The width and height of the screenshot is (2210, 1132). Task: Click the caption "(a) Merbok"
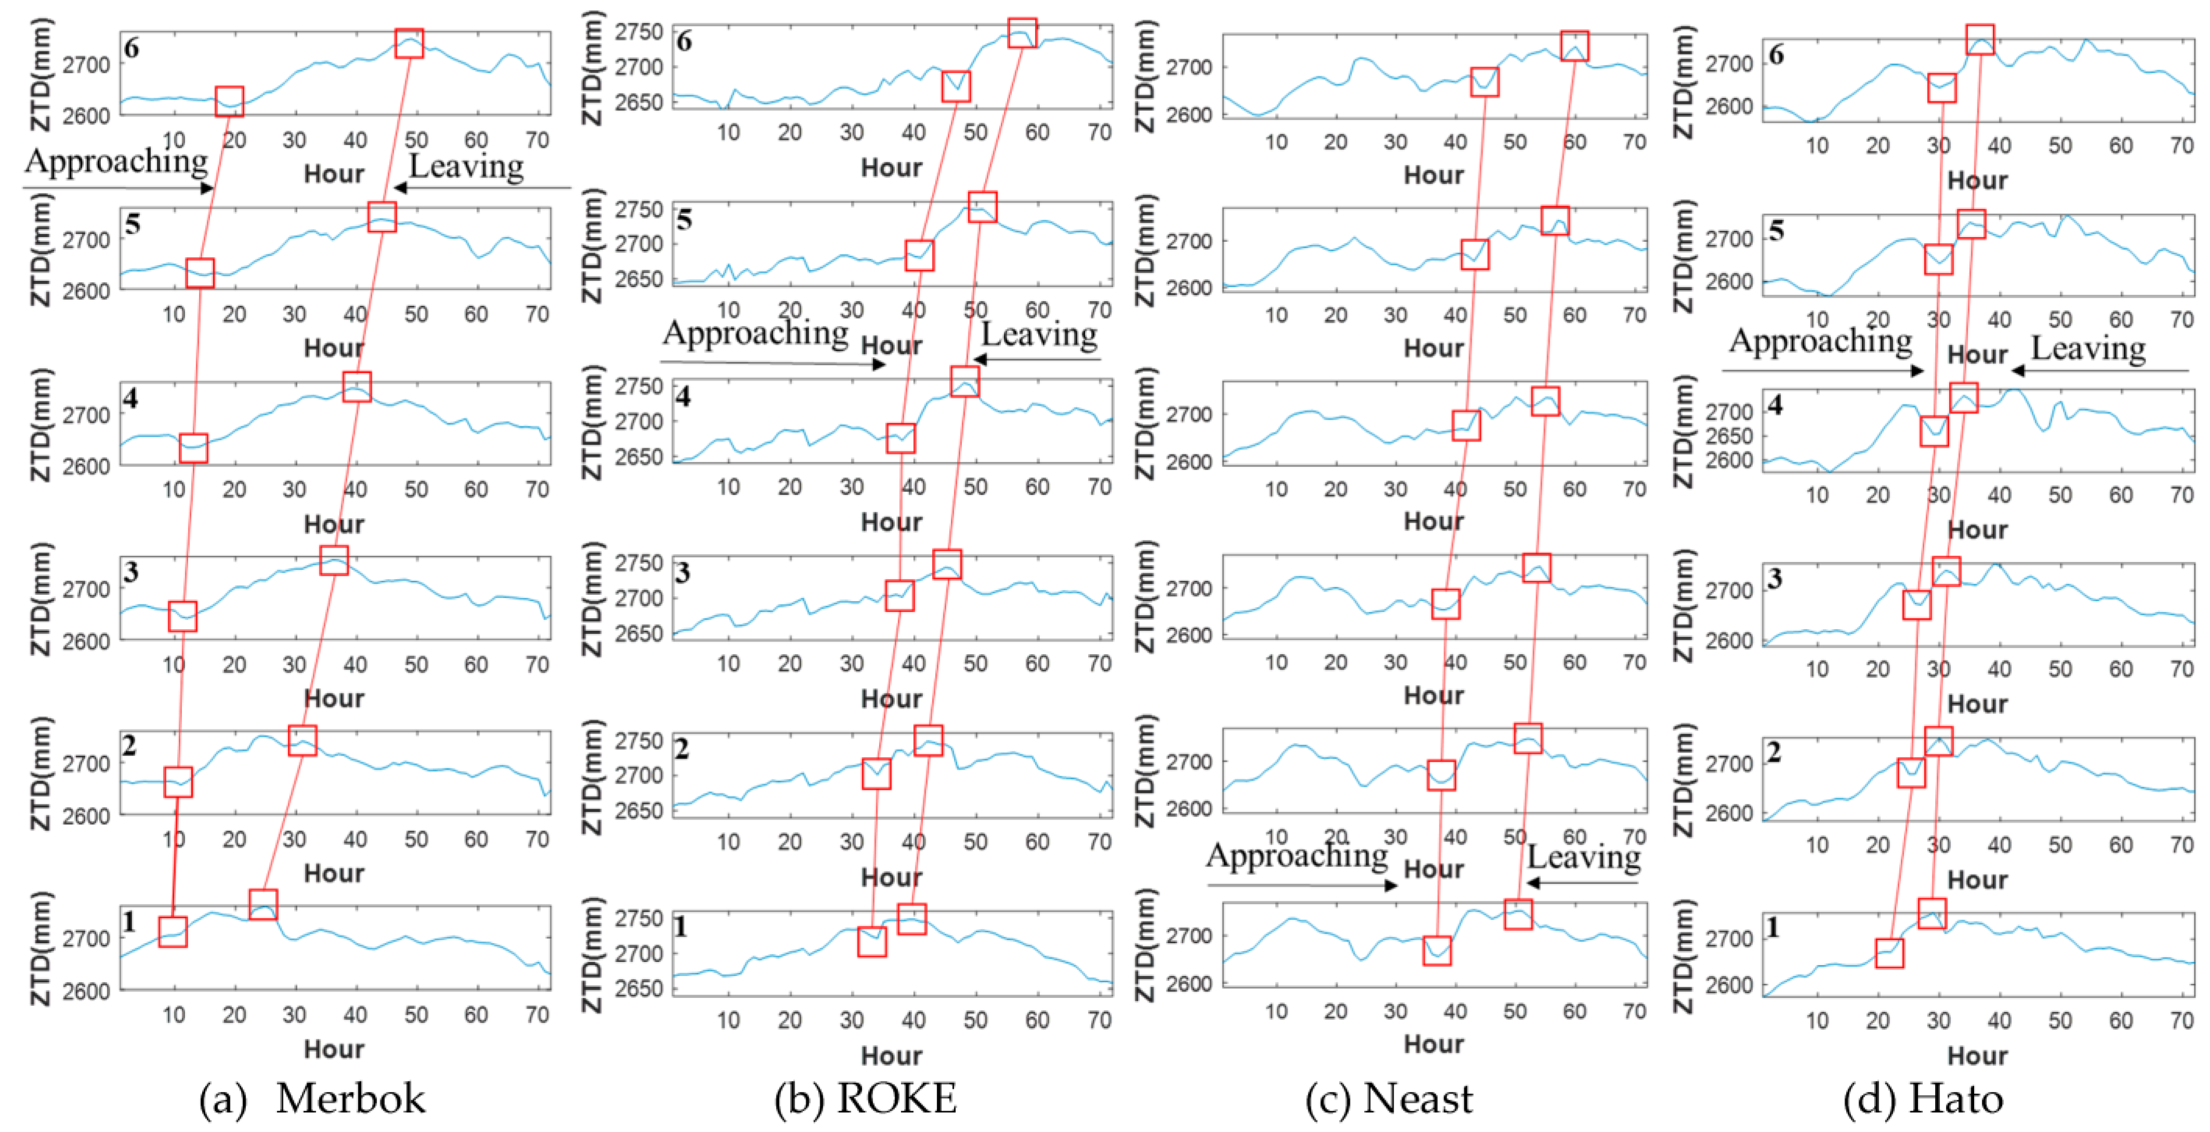pos(312,1099)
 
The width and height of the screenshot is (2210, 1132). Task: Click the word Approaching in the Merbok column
pos(116,161)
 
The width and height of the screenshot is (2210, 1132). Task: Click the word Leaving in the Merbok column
pos(466,166)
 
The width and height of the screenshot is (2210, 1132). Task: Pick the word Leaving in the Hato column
pos(2088,348)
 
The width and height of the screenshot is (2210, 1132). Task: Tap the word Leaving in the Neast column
pos(1584,856)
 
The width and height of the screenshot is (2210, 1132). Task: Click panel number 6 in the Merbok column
pos(131,48)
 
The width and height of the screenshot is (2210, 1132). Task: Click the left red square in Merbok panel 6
pos(229,101)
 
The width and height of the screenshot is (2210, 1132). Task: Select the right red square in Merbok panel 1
pos(263,905)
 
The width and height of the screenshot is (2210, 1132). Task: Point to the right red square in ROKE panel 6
pos(1022,33)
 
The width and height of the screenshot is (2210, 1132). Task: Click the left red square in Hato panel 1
pos(1889,953)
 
